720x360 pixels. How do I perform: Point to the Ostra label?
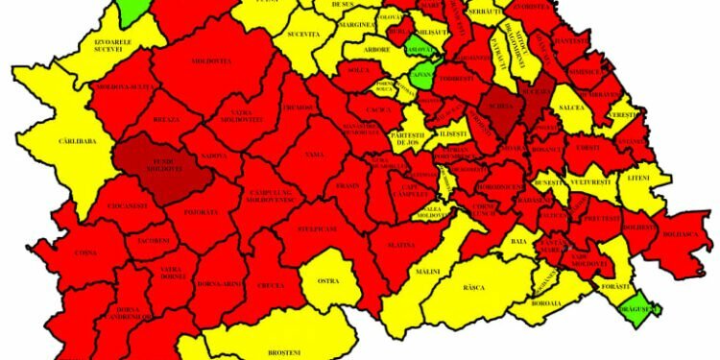click(330, 281)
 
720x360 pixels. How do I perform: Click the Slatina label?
click(400, 246)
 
